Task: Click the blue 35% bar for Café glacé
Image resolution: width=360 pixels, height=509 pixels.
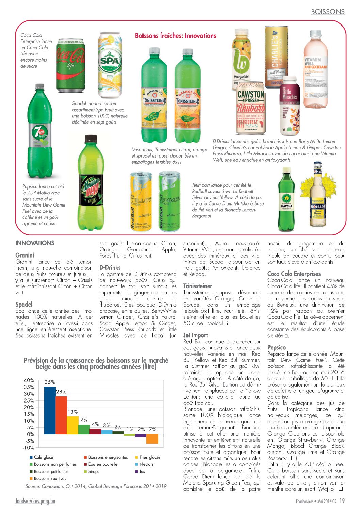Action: point(50,410)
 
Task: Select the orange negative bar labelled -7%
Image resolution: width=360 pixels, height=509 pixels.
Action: point(152,439)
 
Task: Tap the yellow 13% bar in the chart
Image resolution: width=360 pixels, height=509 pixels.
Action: point(72,425)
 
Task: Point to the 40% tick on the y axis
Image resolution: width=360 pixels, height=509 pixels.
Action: point(29,380)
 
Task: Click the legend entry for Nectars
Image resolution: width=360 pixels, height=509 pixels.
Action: point(146,464)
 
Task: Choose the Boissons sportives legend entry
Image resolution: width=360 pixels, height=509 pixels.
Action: point(50,478)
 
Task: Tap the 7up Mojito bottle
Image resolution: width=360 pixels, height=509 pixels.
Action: point(40,133)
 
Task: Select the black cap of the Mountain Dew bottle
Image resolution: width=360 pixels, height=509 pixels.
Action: point(91,139)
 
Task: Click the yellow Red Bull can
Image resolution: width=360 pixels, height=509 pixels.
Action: point(141,201)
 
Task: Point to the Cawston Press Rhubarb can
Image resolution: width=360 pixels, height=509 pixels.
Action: point(251,108)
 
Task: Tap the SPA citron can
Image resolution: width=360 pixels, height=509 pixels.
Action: point(110,65)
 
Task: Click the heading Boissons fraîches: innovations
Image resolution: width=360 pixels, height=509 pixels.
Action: point(176,36)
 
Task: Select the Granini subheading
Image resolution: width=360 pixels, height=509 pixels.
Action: point(25,255)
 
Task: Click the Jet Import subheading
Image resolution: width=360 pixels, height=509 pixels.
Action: point(196,335)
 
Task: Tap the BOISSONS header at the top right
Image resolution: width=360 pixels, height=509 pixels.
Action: point(328,12)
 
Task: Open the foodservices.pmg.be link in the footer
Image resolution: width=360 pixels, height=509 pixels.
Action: point(35,501)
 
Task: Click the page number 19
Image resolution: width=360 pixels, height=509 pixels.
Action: point(342,501)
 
